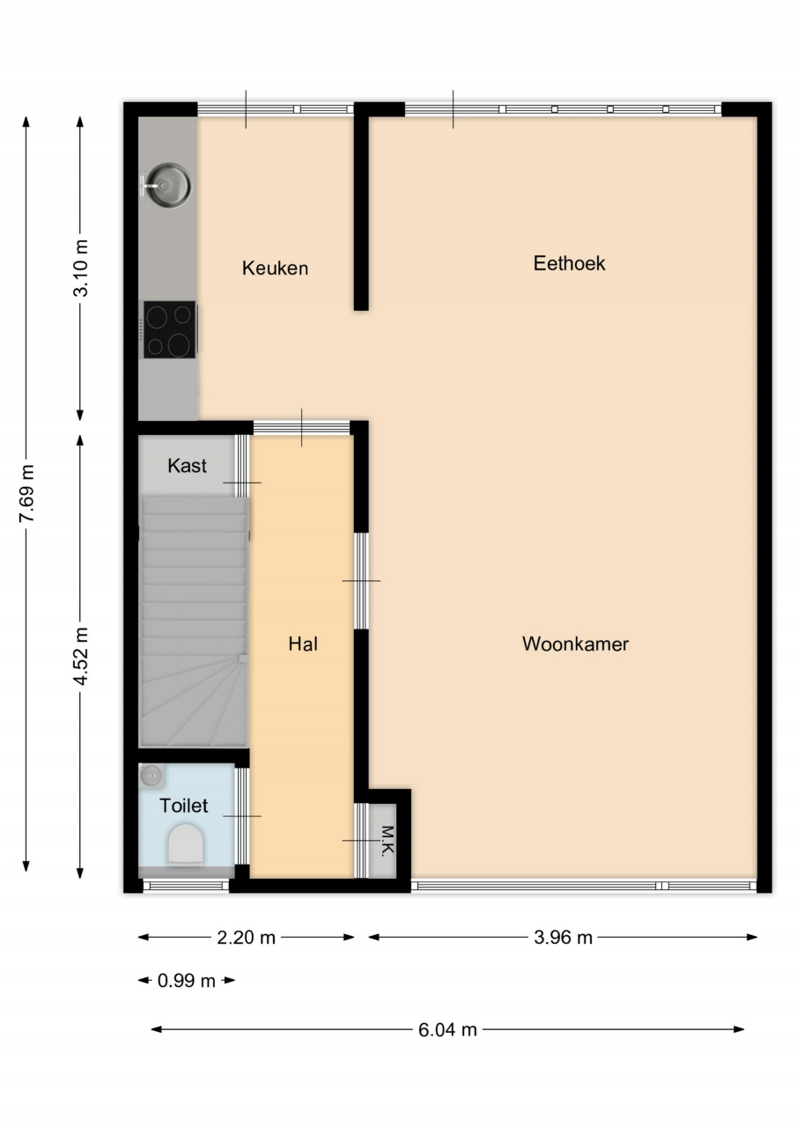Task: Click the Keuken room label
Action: point(275,269)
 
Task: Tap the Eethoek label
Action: point(569,263)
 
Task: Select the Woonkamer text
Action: point(575,644)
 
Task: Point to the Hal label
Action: point(303,644)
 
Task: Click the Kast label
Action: point(188,466)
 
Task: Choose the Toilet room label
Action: point(184,806)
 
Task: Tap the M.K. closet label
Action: point(387,840)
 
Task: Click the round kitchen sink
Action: point(167,185)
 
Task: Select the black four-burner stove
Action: point(170,329)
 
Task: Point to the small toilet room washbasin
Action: point(151,776)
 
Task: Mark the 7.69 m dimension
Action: point(26,493)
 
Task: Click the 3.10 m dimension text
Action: point(80,268)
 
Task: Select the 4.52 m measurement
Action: point(80,656)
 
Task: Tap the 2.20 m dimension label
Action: point(246,938)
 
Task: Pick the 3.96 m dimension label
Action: point(563,938)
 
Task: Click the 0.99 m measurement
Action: point(187,981)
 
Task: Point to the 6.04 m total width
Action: point(447,1030)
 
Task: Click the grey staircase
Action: point(195,622)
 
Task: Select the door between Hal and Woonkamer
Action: point(361,580)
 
